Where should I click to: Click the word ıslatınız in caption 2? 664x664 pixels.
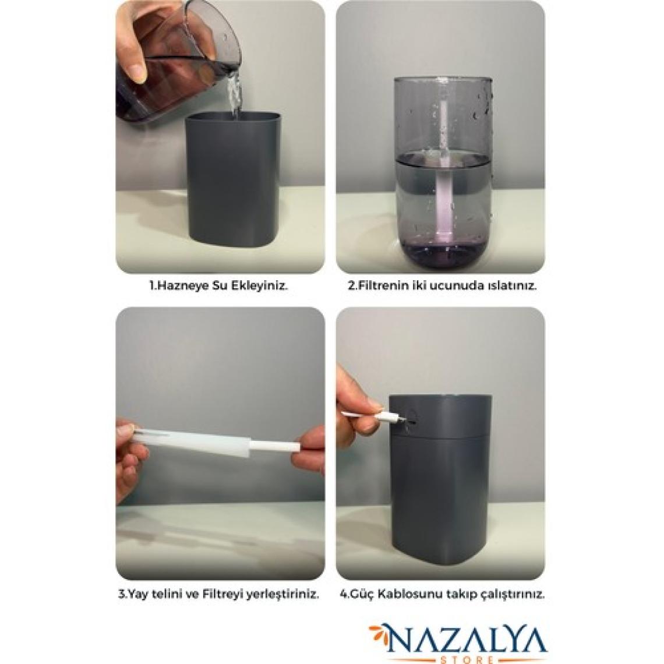click(512, 285)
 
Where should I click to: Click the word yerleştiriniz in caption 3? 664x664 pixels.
click(287, 594)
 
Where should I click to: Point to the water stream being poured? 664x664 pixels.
click(234, 96)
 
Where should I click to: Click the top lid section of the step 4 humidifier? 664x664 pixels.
click(440, 415)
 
